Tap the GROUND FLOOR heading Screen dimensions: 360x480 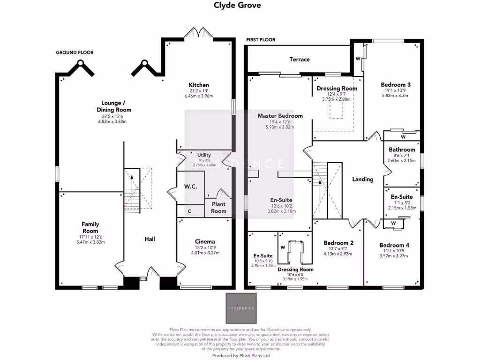tap(75, 52)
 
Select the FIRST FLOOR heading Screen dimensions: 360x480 tap(261, 40)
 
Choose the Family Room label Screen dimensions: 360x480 tap(90, 227)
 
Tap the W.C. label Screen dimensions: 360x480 tap(190, 186)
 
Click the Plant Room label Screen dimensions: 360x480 tap(218, 208)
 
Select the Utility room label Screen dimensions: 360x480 tap(204, 155)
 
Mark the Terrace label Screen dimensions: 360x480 tap(300, 60)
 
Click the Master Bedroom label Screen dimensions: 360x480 tap(280, 116)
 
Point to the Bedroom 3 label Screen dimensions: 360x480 tap(396, 85)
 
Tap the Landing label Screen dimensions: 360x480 tap(363, 179)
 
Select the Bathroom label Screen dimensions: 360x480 tap(402, 150)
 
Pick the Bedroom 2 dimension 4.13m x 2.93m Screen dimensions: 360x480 tap(337, 254)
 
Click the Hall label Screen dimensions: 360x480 tap(150, 239)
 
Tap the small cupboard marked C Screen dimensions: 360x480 tap(189, 211)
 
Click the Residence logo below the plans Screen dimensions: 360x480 tap(241, 308)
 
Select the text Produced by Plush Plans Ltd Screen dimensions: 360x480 tap(241, 356)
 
